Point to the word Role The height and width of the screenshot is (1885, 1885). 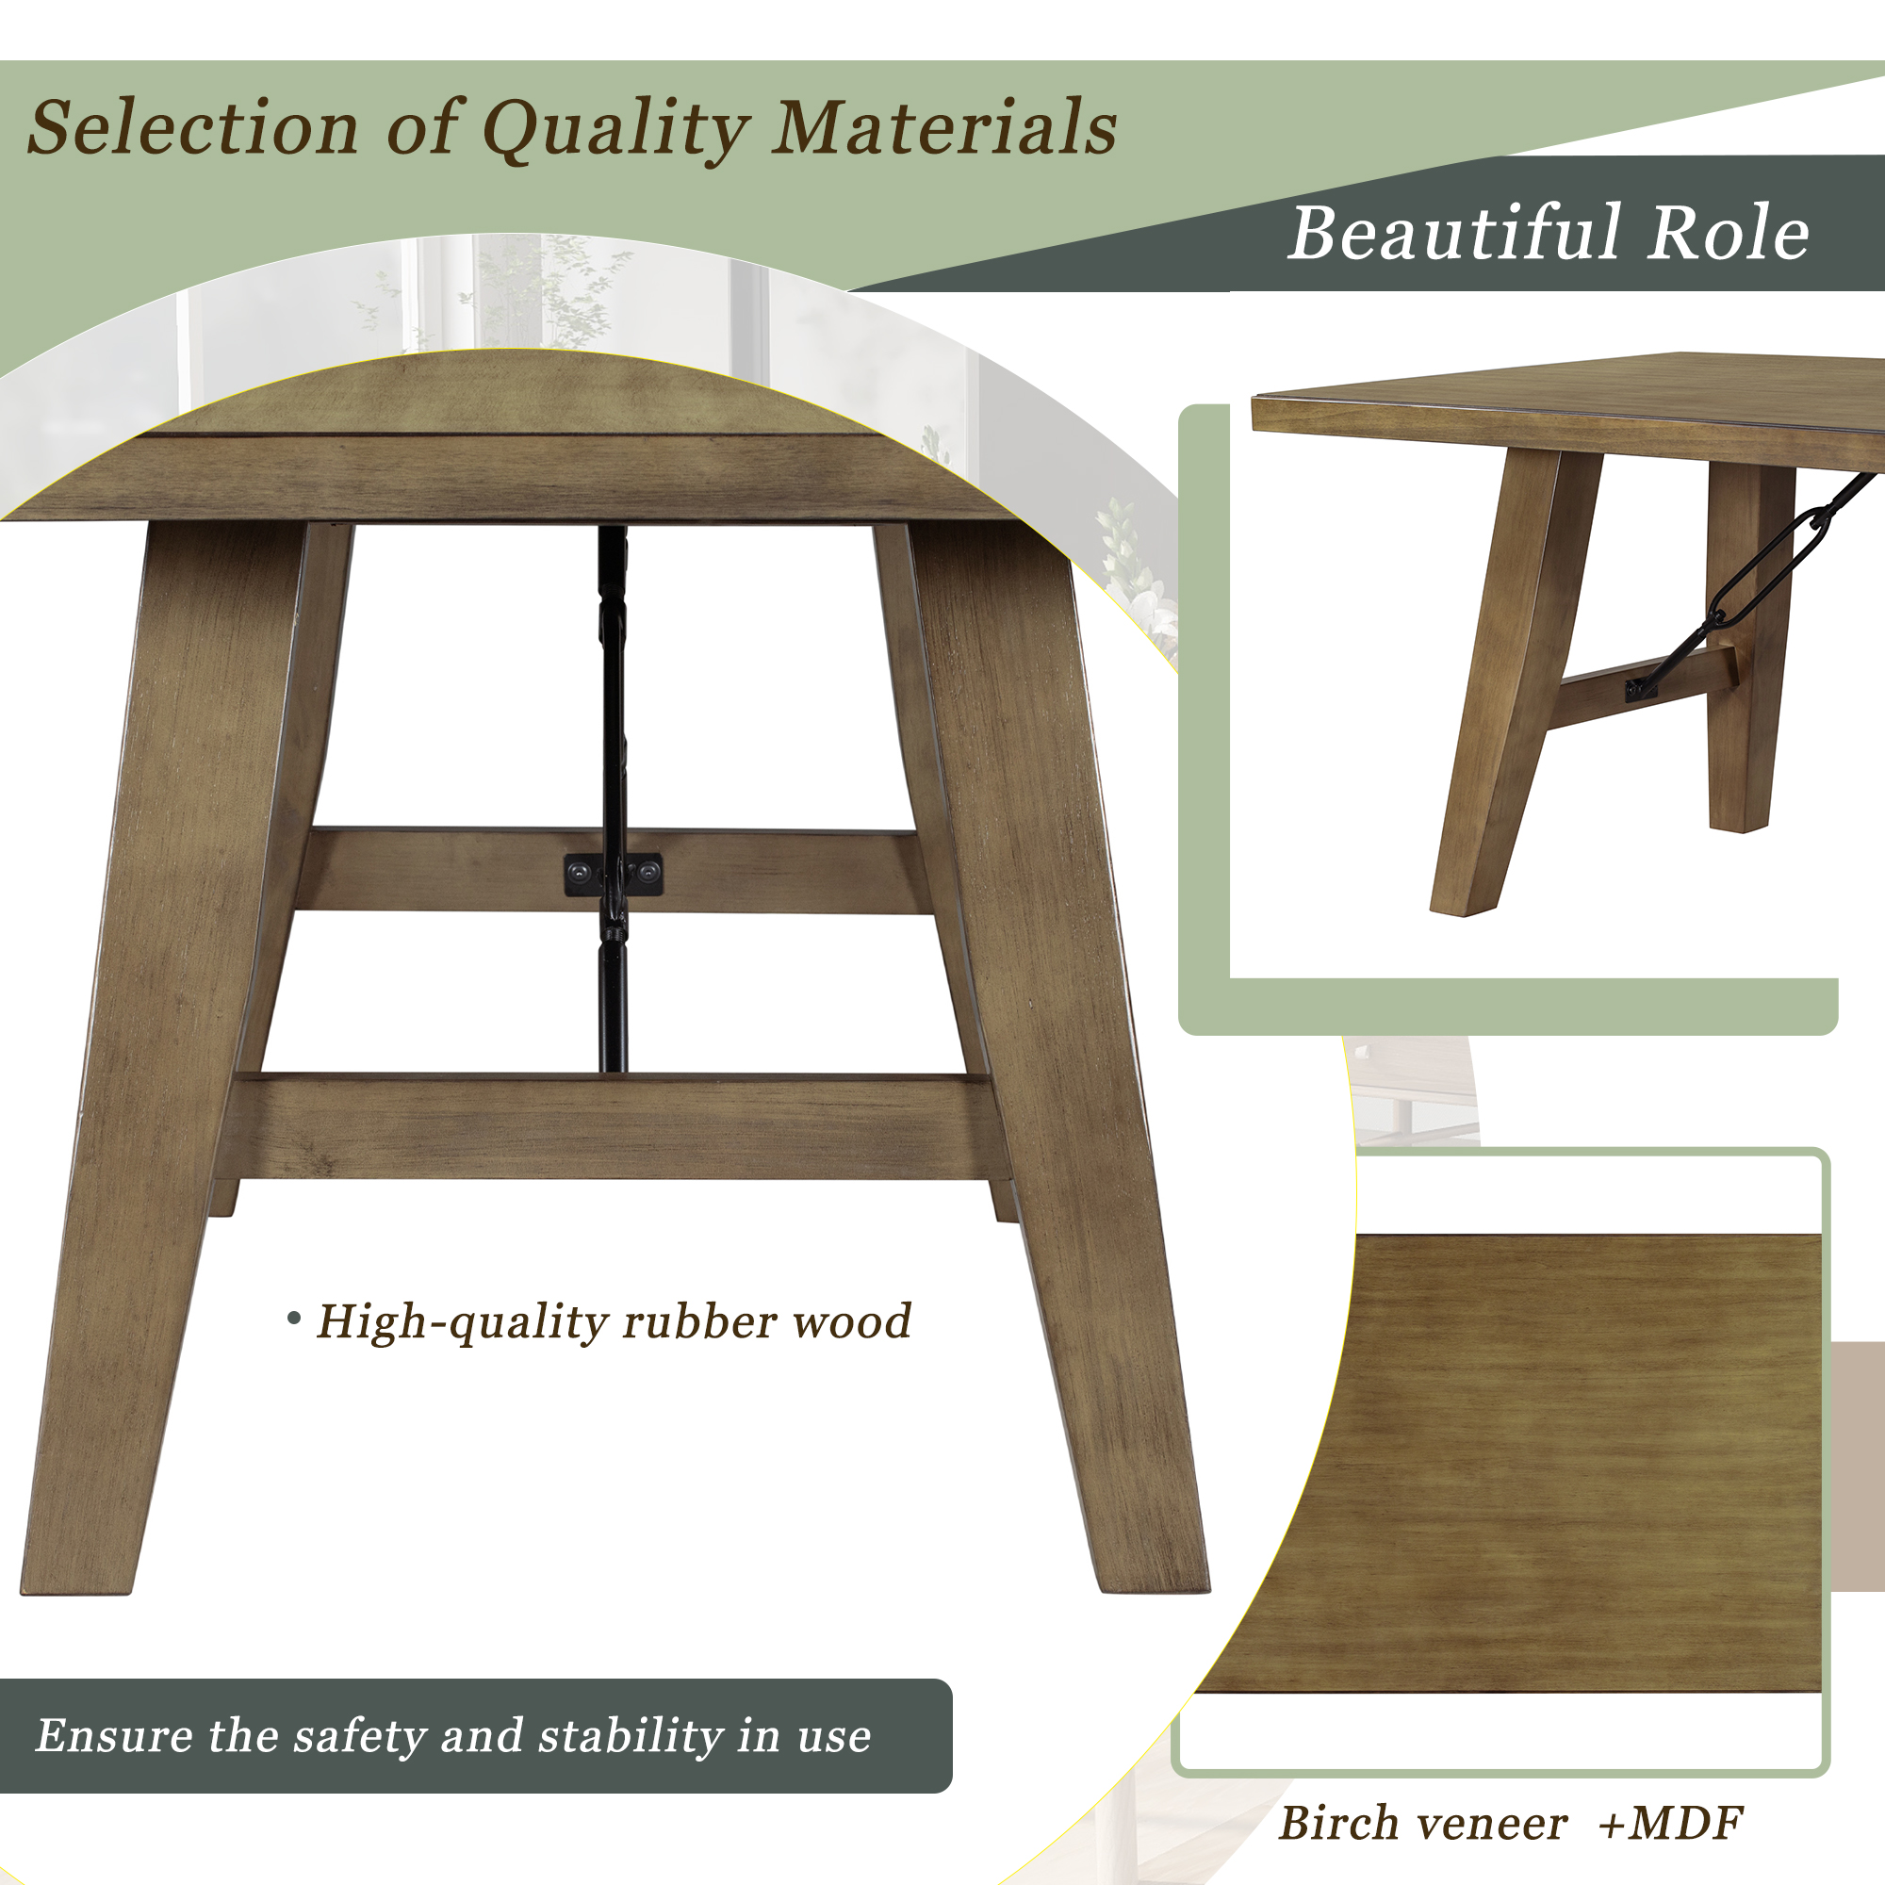[1728, 233]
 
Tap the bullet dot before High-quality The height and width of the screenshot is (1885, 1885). [294, 1319]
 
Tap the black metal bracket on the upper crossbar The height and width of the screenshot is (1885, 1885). [614, 874]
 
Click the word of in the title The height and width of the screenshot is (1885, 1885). [421, 128]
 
